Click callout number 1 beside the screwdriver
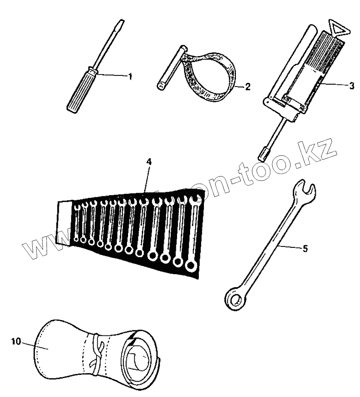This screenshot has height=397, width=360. [129, 76]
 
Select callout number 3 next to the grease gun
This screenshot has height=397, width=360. [351, 85]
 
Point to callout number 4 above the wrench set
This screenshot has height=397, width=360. [149, 162]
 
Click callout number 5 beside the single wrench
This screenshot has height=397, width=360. [305, 249]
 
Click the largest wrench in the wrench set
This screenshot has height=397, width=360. [193, 237]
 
